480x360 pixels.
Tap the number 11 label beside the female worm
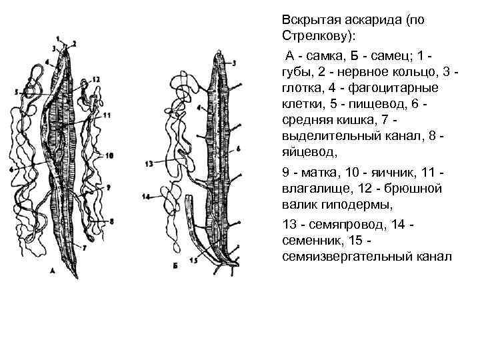(x=107, y=115)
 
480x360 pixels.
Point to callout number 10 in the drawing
(x=109, y=155)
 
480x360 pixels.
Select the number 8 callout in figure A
(x=111, y=221)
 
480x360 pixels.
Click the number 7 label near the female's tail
(x=84, y=247)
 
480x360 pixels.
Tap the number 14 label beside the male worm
(x=146, y=197)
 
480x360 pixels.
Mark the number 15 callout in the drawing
(x=193, y=261)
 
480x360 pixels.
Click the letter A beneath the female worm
(x=52, y=271)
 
